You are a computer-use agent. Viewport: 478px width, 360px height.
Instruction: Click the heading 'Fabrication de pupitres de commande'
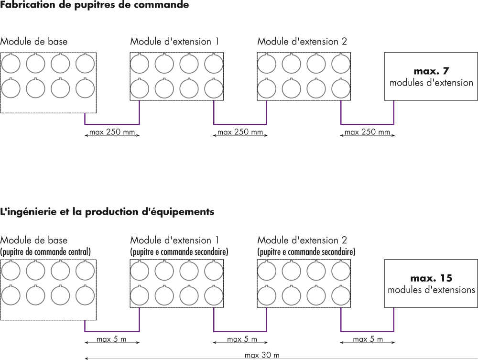(x=95, y=5)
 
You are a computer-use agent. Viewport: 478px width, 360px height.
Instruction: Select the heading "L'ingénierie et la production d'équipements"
(x=107, y=211)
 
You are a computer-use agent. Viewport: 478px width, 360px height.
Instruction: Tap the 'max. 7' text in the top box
(x=431, y=71)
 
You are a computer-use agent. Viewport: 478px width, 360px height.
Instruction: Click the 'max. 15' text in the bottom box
(x=431, y=278)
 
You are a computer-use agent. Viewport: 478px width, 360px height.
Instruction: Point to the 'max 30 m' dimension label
(x=262, y=355)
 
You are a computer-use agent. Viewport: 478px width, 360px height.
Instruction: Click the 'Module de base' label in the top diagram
(x=34, y=42)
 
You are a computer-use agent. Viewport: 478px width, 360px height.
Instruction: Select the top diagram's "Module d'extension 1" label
(x=174, y=42)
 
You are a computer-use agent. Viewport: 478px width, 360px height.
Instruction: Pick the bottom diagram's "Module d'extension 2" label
(x=302, y=240)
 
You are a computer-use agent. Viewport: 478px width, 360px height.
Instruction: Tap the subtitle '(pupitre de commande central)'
(x=45, y=251)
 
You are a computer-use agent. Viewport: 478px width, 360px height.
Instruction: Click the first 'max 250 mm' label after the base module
(x=112, y=132)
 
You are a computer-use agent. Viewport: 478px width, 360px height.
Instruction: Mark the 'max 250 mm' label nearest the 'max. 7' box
(x=368, y=132)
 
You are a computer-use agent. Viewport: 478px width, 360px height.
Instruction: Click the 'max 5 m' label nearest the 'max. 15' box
(x=368, y=339)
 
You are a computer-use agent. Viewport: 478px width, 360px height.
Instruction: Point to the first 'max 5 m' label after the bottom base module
(x=111, y=339)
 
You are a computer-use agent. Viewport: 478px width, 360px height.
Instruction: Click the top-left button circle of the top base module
(x=11, y=64)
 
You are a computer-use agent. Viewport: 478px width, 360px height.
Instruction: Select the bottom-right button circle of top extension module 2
(x=341, y=88)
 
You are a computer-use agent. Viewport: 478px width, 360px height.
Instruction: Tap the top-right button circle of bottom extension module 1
(x=214, y=271)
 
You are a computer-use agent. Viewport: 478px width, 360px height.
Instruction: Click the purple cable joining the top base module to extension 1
(x=112, y=124)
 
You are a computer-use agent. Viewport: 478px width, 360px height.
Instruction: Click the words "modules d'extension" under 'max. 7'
(x=431, y=83)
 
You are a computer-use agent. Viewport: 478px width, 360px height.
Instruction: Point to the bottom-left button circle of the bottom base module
(x=11, y=295)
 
